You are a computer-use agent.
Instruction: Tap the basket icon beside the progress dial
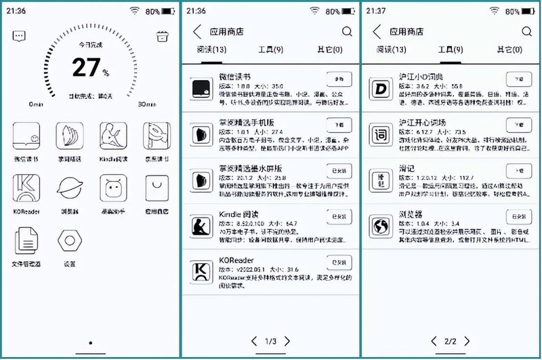[x=162, y=36]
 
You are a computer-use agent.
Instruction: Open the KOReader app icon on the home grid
[x=26, y=187]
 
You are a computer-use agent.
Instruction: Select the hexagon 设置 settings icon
[x=69, y=241]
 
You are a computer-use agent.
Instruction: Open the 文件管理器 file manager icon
[x=26, y=241]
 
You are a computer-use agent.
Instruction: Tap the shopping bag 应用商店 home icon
[x=156, y=187]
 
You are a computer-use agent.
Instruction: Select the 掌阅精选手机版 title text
[x=244, y=122]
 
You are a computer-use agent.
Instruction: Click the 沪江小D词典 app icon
[x=381, y=88]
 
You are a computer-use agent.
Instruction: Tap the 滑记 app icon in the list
[x=381, y=177]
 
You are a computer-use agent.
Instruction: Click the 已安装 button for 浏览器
[x=519, y=217]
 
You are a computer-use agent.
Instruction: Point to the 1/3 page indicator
[x=269, y=340]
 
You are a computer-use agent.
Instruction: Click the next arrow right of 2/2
[x=467, y=340]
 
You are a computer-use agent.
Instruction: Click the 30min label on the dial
[x=146, y=104]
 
